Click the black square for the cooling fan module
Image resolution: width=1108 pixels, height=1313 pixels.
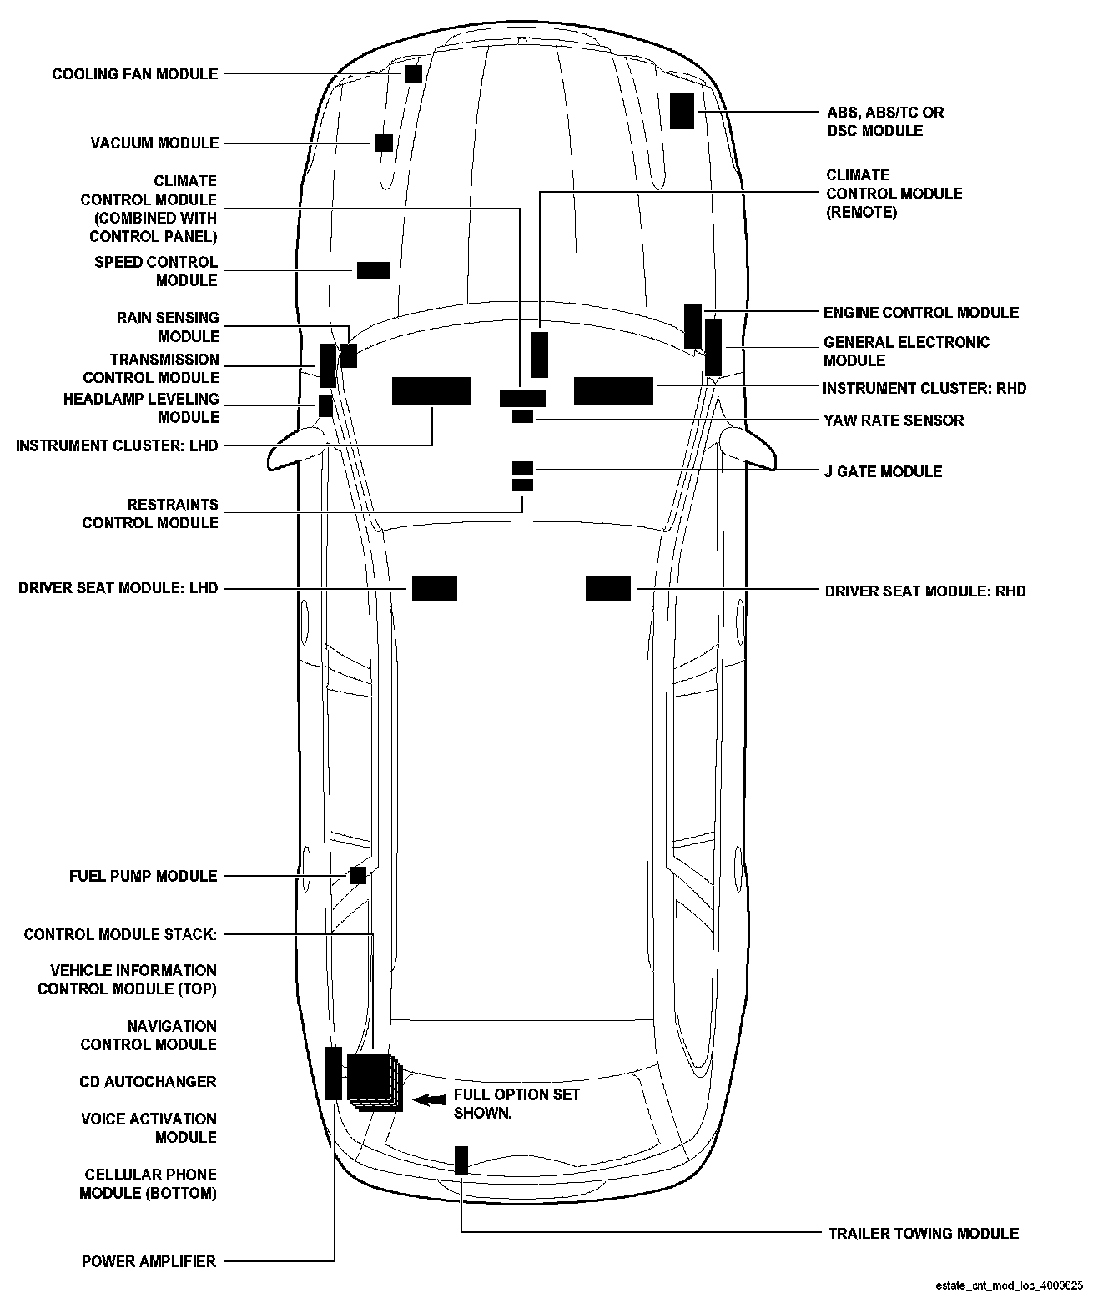[x=413, y=73]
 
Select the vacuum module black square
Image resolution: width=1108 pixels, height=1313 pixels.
[x=384, y=143]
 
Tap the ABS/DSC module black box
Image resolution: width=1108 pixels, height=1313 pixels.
[x=682, y=111]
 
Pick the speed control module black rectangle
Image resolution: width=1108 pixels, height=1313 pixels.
[x=373, y=270]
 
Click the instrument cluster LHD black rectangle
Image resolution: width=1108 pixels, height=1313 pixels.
[x=431, y=390]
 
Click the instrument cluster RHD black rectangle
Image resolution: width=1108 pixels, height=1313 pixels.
[x=613, y=390]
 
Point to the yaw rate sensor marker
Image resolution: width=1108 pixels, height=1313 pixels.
[x=522, y=416]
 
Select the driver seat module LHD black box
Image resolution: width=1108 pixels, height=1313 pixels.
[x=435, y=589]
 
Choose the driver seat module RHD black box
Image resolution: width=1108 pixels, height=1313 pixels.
[x=608, y=589]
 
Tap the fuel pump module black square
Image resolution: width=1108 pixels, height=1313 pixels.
[x=358, y=875]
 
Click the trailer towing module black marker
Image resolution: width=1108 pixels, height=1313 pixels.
[x=461, y=1160]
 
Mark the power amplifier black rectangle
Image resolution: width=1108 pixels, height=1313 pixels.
[x=334, y=1073]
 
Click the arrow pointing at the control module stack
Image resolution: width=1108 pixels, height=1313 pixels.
[x=430, y=1100]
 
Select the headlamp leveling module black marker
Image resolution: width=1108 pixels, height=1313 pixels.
[x=326, y=406]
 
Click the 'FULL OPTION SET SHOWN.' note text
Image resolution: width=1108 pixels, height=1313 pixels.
[x=516, y=1104]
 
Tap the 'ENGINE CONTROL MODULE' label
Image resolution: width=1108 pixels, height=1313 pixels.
[x=920, y=313]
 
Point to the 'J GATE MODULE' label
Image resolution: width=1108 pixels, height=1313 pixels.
[x=883, y=471]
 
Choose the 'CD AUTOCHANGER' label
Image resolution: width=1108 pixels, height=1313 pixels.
[x=148, y=1082]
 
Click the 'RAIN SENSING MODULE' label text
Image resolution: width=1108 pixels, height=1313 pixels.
[x=168, y=327]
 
